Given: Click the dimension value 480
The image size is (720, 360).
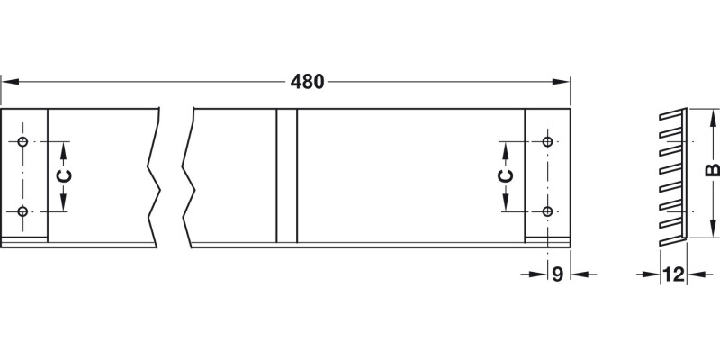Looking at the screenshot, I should pyautogui.click(x=308, y=82).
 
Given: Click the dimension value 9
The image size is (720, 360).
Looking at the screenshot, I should pyautogui.click(x=558, y=274).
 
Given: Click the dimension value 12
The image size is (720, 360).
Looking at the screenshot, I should pyautogui.click(x=674, y=274).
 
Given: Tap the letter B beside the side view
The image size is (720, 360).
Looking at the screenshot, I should pyautogui.click(x=712, y=171).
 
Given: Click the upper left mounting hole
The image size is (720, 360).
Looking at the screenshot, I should pyautogui.click(x=23, y=142).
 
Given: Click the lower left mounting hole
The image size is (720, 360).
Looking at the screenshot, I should pyautogui.click(x=23, y=212).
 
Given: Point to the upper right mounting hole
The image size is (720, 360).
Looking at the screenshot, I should pyautogui.click(x=547, y=142).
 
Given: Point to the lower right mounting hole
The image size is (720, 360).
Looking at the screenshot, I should pyautogui.click(x=547, y=212).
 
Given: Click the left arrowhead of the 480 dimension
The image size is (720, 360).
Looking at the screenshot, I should pyautogui.click(x=7, y=82).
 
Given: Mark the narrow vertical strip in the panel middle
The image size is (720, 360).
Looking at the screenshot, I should pyautogui.click(x=286, y=175).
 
